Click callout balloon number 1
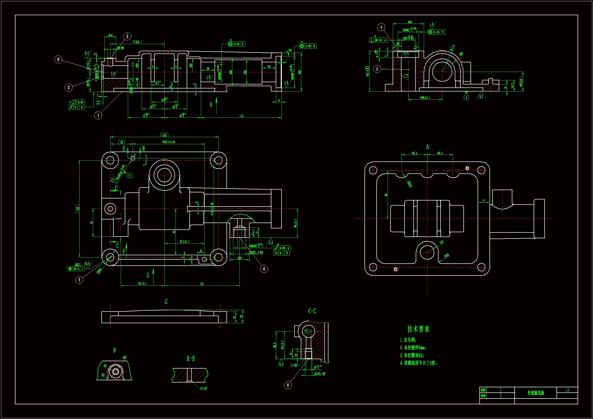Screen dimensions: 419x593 (x=98, y=115)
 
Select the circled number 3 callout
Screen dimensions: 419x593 (x=127, y=37)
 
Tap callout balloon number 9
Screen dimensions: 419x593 (x=58, y=59)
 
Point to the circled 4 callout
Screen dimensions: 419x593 (x=381, y=27)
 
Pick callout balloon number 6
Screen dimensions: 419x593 (x=264, y=269)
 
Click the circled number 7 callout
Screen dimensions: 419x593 (x=79, y=280)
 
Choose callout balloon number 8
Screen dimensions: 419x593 (x=288, y=385)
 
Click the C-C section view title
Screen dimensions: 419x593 (x=312, y=311)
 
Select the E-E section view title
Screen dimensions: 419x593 (x=191, y=358)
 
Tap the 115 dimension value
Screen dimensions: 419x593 (x=241, y=116)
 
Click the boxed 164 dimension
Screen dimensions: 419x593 (x=165, y=135)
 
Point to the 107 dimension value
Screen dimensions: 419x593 (x=202, y=284)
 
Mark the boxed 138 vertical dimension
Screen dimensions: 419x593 (x=78, y=208)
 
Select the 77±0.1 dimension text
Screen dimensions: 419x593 (x=137, y=42)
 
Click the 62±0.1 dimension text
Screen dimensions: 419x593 (x=143, y=283)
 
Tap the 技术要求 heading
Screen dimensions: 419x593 (x=418, y=329)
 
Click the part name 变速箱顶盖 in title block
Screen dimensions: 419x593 (x=536, y=393)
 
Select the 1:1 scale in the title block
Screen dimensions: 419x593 (x=567, y=390)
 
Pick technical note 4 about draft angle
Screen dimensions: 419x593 (x=418, y=363)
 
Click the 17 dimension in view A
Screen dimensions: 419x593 (x=484, y=201)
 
